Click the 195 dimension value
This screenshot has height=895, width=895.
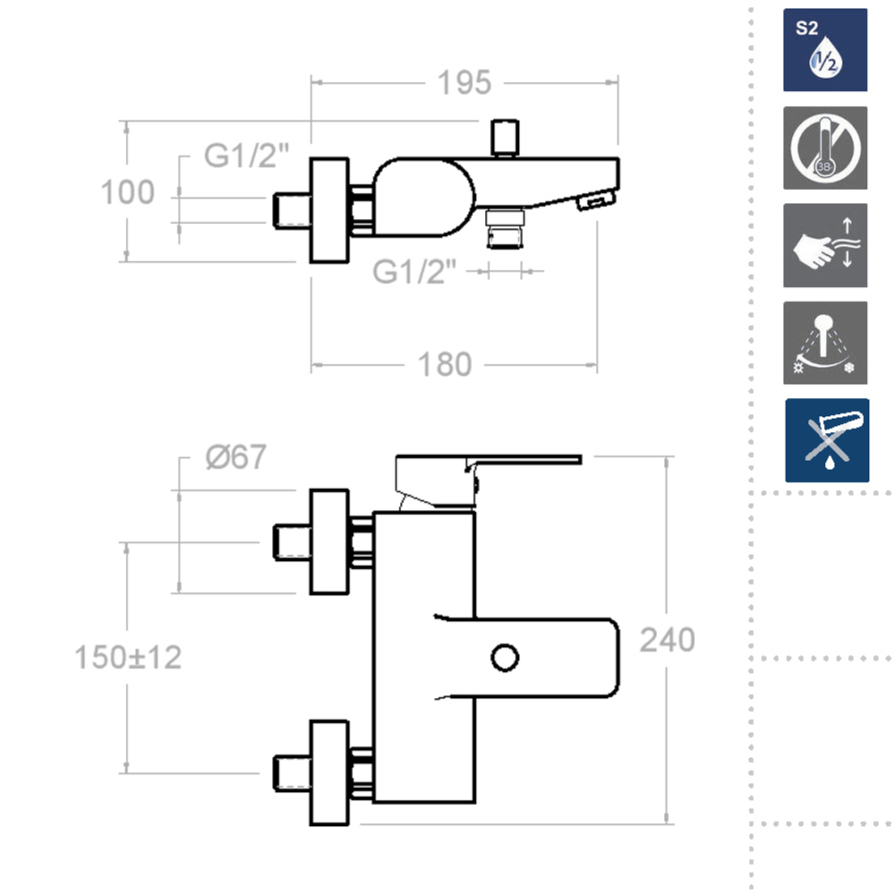click(x=465, y=82)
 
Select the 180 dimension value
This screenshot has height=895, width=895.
click(x=445, y=365)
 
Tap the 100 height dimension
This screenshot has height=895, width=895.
click(x=127, y=192)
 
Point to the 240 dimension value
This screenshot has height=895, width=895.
click(x=668, y=640)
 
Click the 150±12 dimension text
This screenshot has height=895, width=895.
click(x=128, y=658)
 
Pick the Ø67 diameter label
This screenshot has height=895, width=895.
click(x=235, y=457)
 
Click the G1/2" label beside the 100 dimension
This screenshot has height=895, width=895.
click(x=246, y=157)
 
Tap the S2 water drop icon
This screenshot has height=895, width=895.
click(x=825, y=50)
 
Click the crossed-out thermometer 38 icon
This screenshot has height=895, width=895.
click(x=825, y=148)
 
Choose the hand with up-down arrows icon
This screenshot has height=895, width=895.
click(x=825, y=245)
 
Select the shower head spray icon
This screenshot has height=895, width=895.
click(x=825, y=343)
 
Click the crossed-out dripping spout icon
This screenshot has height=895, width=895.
click(x=826, y=440)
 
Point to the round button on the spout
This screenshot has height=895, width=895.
click(x=505, y=657)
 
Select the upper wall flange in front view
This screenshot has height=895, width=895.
click(x=328, y=541)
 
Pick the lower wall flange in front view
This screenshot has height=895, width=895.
click(x=328, y=771)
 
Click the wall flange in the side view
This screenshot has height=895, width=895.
click(x=328, y=211)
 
